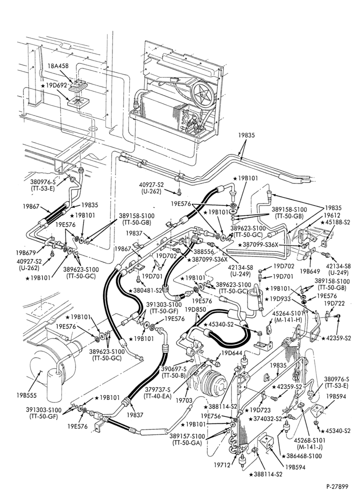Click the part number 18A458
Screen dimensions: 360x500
pos(57,66)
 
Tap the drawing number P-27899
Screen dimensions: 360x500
pos(337,486)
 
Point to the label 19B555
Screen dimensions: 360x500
pos(27,395)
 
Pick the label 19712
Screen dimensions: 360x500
pos(222,465)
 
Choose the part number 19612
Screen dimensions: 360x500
pos(332,215)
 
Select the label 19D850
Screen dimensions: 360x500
pos(195,309)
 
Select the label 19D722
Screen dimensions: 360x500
pos(334,303)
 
